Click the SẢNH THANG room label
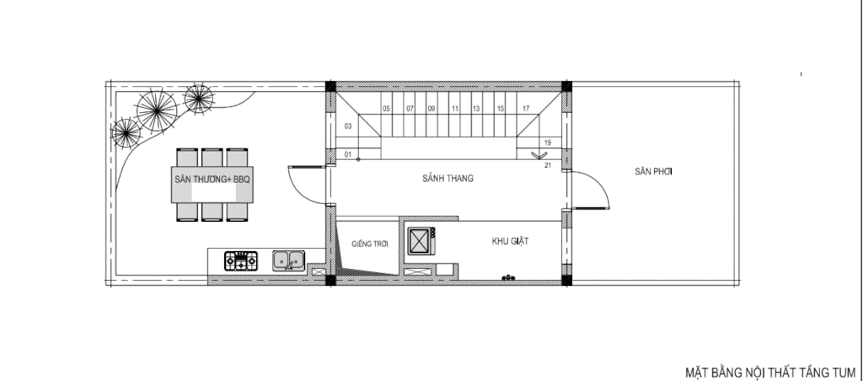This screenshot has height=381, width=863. coord(448,179)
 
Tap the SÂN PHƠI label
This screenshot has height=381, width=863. coord(654,172)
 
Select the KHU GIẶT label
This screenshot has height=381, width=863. coord(511,241)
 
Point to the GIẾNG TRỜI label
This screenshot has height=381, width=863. coord(370,244)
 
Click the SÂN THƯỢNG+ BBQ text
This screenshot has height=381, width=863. coord(212,180)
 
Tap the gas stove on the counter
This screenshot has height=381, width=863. coord(241,261)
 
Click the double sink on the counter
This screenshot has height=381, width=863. coord(288,260)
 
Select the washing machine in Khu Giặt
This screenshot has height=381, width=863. coord(421,241)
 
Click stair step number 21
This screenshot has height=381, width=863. coord(548,164)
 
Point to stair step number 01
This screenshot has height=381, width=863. coord(348,155)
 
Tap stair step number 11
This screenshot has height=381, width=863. coord(454,109)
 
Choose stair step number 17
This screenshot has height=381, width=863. coord(526,109)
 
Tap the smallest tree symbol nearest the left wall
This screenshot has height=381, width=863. coord(126,133)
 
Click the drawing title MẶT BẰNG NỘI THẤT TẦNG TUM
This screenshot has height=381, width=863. coord(770,373)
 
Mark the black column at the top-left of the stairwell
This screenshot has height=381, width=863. coord(330,87)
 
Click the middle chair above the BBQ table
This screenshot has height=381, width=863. coord(212,157)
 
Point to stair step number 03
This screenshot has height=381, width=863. coord(348,126)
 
